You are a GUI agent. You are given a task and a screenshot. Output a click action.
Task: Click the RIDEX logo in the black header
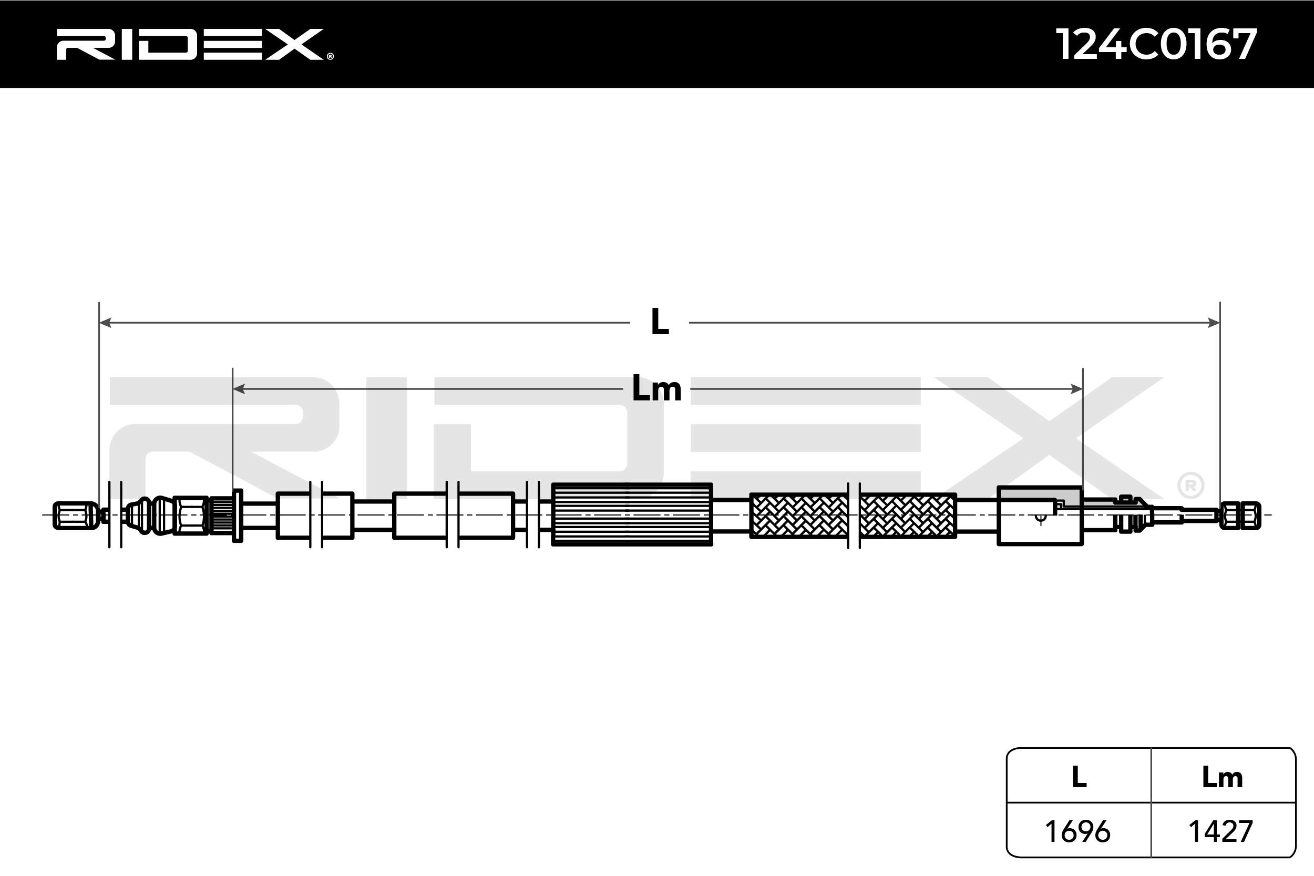pos(194,45)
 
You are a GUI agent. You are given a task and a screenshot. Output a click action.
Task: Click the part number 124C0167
pos(1155,45)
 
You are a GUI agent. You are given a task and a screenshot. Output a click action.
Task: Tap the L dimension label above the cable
pos(660,322)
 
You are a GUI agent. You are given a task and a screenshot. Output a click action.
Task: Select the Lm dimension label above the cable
pos(656,389)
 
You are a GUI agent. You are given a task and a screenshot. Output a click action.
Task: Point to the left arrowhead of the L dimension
pos(105,322)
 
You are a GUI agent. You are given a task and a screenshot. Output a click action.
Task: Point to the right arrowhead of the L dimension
pos(1214,322)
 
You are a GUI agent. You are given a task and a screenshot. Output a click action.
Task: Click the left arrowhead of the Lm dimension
pos(239,389)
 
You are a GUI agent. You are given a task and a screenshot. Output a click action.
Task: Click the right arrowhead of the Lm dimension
pos(1076,389)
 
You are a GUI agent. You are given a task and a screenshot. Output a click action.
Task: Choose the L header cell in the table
pos(1079,777)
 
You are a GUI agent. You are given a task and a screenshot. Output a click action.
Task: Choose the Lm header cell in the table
pos(1223,777)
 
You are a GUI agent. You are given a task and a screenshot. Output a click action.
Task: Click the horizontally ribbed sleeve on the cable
pos(632,514)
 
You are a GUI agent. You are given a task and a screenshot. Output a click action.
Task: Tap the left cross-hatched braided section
pos(798,516)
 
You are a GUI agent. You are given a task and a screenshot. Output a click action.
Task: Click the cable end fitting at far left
pos(76,515)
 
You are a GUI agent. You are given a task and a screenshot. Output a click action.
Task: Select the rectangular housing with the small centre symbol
pos(1040,516)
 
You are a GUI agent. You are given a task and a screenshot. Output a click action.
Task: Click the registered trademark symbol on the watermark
pos(1190,486)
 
